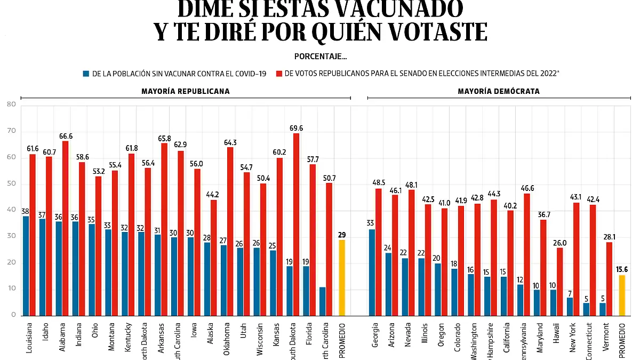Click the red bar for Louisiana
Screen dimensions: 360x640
click(x=33, y=235)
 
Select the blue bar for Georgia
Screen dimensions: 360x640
click(x=372, y=273)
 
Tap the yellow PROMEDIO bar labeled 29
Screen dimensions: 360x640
click(x=342, y=277)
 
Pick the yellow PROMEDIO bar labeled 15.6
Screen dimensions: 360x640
click(x=621, y=295)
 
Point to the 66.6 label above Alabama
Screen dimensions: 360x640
click(x=65, y=136)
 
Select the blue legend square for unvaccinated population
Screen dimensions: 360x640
click(x=86, y=74)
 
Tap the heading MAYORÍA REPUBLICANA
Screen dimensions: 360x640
click(x=185, y=91)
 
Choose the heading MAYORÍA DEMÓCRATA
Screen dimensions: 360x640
click(x=498, y=91)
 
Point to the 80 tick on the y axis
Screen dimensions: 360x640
click(x=11, y=105)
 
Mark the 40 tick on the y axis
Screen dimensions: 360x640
click(x=11, y=210)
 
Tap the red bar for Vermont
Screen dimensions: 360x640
click(x=610, y=278)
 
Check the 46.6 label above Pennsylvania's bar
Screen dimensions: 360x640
click(x=527, y=188)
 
